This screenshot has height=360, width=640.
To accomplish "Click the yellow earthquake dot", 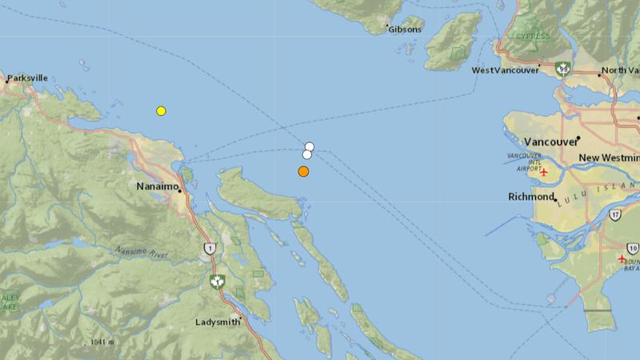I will coord(161,110).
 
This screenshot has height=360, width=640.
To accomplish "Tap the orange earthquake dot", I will coord(303,171).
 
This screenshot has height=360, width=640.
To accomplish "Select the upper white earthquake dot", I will coord(310,146).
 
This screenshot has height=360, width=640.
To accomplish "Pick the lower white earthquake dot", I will coord(306,154).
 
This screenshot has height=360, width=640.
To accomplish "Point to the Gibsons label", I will coord(403,29).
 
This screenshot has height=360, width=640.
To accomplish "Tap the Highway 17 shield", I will coord(614,215).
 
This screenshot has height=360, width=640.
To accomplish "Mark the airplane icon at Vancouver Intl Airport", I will coord(544,172).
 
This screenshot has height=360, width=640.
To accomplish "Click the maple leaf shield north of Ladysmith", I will coord(215,281).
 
